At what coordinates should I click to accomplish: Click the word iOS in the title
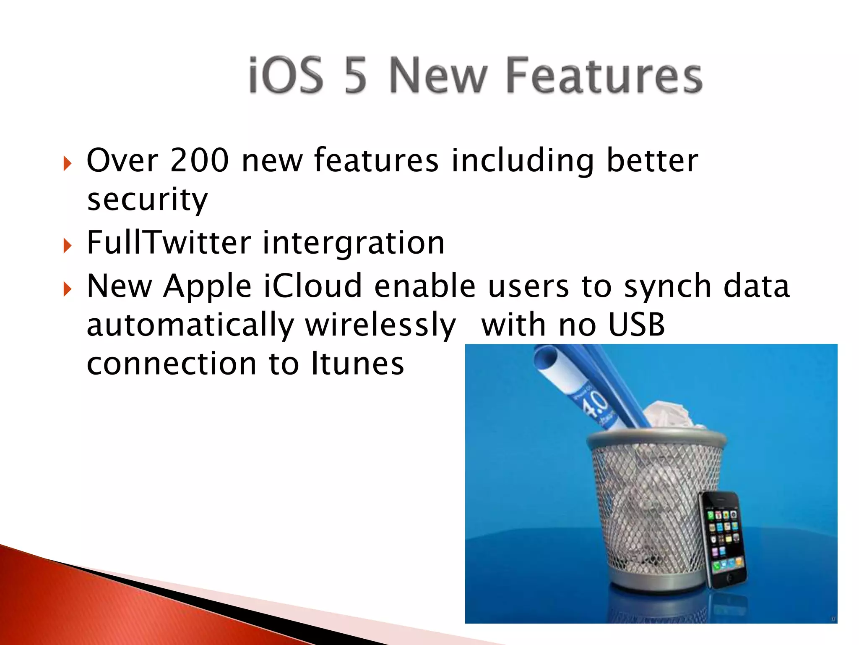[x=286, y=76]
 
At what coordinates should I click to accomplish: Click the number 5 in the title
[x=356, y=76]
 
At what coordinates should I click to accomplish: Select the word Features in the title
[x=604, y=76]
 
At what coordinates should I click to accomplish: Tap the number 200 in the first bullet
[x=199, y=160]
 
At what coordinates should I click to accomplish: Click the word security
[x=147, y=200]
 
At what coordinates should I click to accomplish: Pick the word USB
[x=636, y=325]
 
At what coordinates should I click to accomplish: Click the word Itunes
[x=357, y=364]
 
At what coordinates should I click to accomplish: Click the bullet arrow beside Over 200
[x=68, y=163]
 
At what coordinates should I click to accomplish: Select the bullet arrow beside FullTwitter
[x=68, y=245]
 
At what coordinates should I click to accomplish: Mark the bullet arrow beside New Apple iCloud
[x=68, y=289]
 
